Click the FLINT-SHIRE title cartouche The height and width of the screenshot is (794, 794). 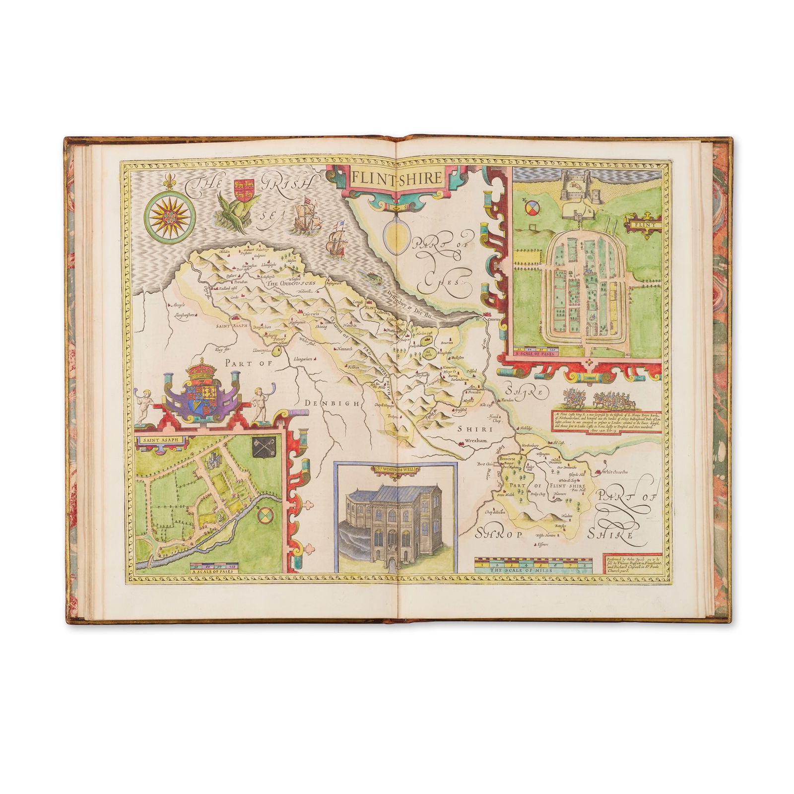[x=397, y=178]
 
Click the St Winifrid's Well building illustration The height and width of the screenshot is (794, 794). [x=396, y=521]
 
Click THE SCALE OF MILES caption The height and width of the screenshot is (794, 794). [x=533, y=571]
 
